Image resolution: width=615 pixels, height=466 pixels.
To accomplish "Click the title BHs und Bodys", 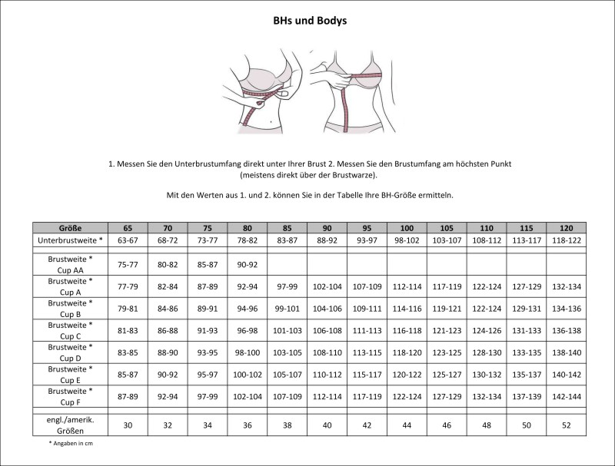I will [x=310, y=21].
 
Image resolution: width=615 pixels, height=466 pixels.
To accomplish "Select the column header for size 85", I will [x=288, y=228].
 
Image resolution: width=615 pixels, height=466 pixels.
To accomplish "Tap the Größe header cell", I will [x=70, y=228].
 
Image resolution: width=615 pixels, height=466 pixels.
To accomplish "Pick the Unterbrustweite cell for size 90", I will [x=327, y=240].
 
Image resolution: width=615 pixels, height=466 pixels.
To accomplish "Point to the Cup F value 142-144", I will [x=567, y=397].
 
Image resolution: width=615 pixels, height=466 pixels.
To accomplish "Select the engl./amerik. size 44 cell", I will [x=407, y=425].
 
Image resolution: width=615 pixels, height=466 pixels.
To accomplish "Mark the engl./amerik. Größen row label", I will [x=70, y=425].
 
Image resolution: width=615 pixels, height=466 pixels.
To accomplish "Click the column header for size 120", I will [x=567, y=228].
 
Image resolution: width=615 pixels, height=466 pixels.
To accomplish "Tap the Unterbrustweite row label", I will [x=70, y=240].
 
